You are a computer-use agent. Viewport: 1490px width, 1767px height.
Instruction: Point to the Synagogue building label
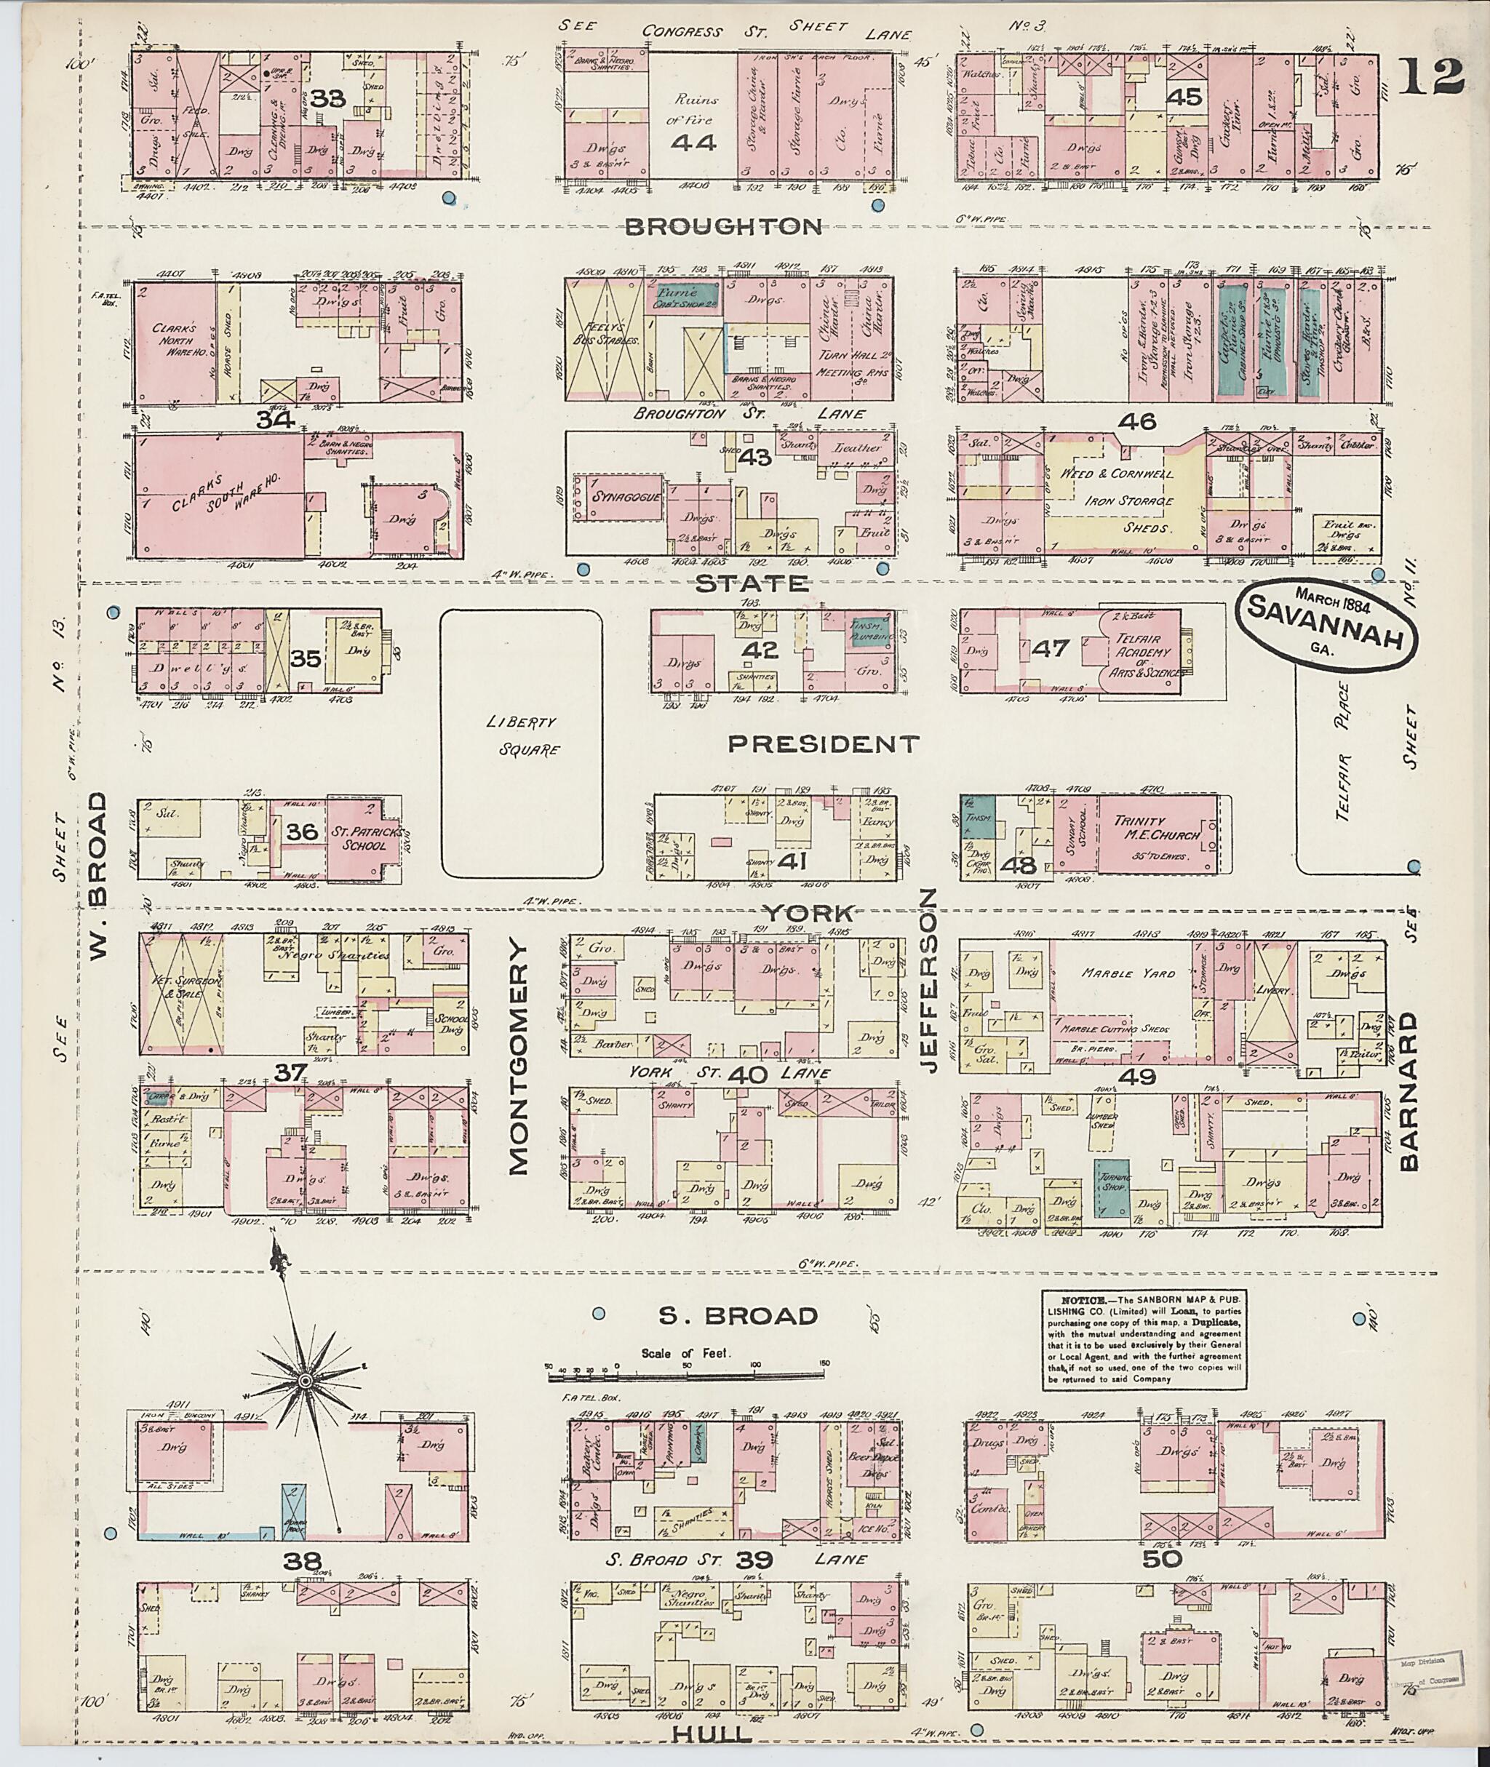624,497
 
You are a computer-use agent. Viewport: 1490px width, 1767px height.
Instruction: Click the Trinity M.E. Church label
1156,828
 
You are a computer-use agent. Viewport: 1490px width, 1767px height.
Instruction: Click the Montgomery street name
518,1058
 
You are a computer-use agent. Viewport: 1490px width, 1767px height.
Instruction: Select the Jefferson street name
929,980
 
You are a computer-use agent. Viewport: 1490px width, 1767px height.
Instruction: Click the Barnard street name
1407,1090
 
